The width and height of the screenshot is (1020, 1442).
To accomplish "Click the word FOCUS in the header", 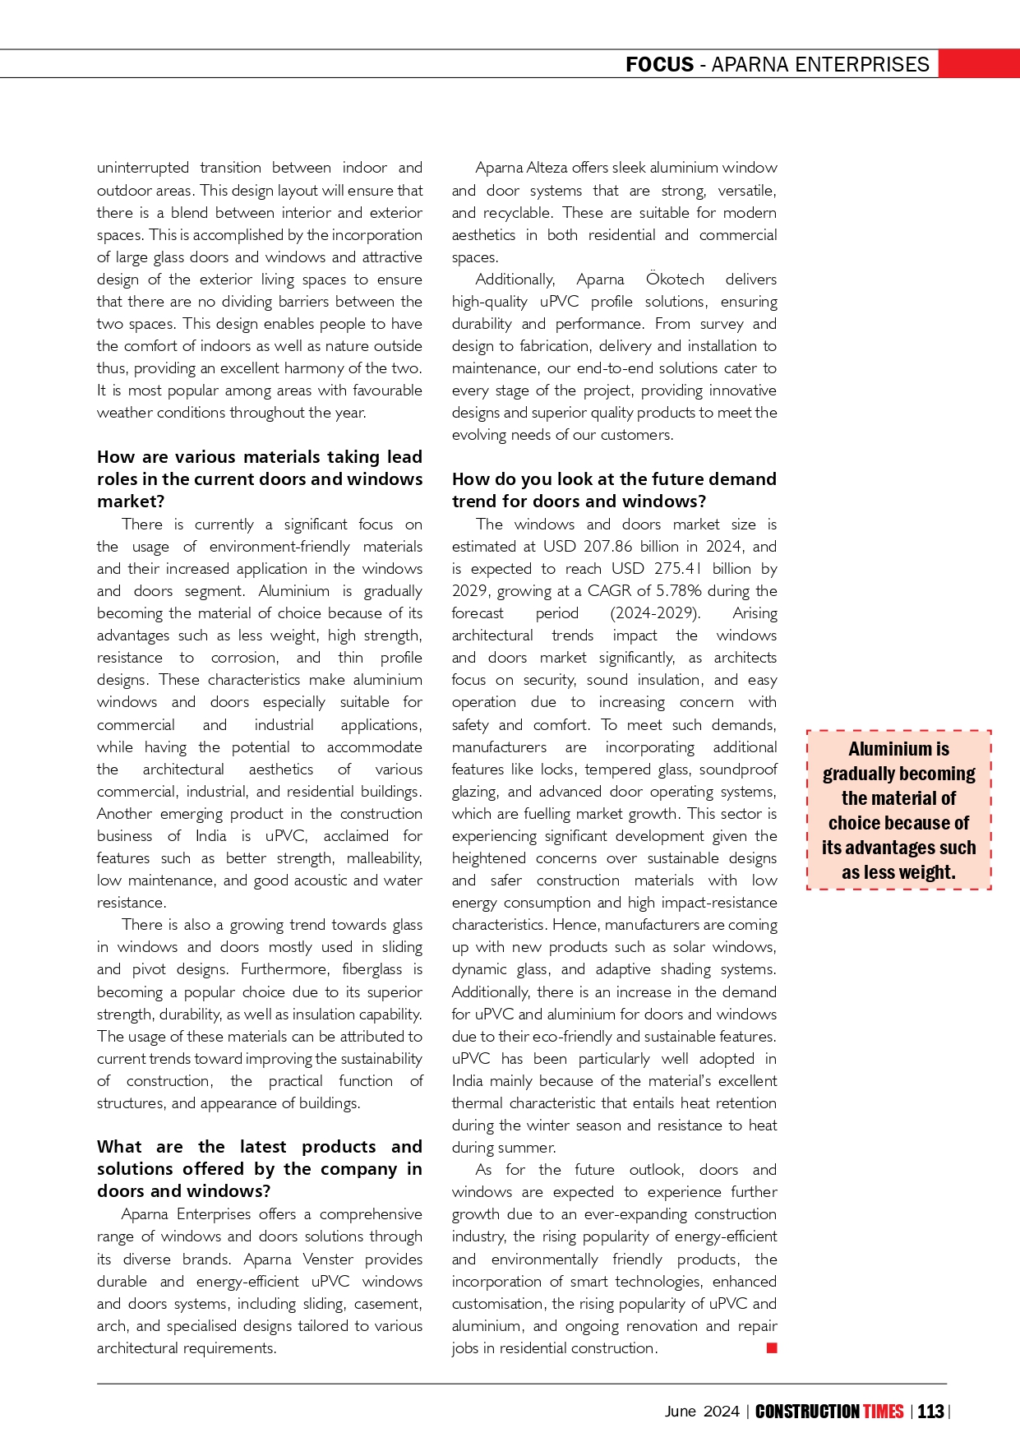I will click(x=659, y=64).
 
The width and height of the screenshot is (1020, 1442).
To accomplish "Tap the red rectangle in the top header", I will click(x=979, y=63).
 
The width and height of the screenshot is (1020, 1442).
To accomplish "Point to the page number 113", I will click(x=930, y=1412).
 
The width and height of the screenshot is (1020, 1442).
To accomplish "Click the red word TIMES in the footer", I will click(x=883, y=1412).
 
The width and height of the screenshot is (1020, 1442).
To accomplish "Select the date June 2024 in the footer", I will click(x=702, y=1412).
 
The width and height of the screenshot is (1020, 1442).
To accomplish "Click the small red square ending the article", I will click(x=772, y=1347).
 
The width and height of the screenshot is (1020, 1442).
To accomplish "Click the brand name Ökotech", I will click(x=675, y=280).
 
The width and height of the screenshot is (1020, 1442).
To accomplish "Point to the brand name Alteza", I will click(x=546, y=168).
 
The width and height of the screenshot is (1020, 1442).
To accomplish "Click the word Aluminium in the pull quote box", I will click(x=886, y=749).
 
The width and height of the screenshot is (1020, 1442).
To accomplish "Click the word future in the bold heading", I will click(x=661, y=479).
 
